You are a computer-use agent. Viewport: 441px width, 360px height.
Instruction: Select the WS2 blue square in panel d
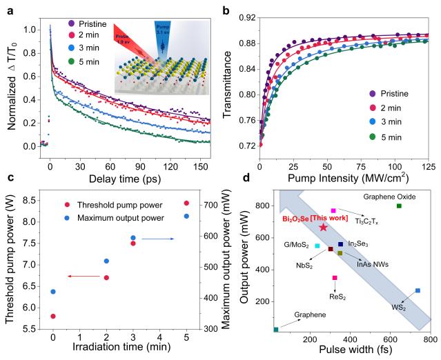[418, 291]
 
